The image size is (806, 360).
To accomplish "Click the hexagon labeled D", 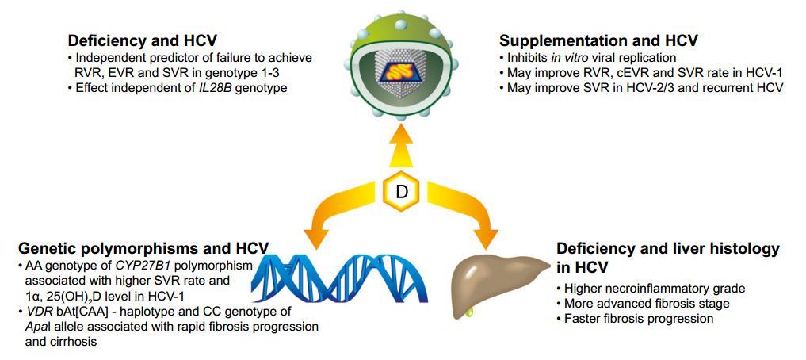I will pyautogui.click(x=402, y=191).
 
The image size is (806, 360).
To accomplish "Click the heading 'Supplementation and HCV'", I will pyautogui.click(x=598, y=40).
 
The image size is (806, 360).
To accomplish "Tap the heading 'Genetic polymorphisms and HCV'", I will pyautogui.click(x=143, y=248).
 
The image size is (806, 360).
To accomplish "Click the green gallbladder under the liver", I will pyautogui.click(x=470, y=311).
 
